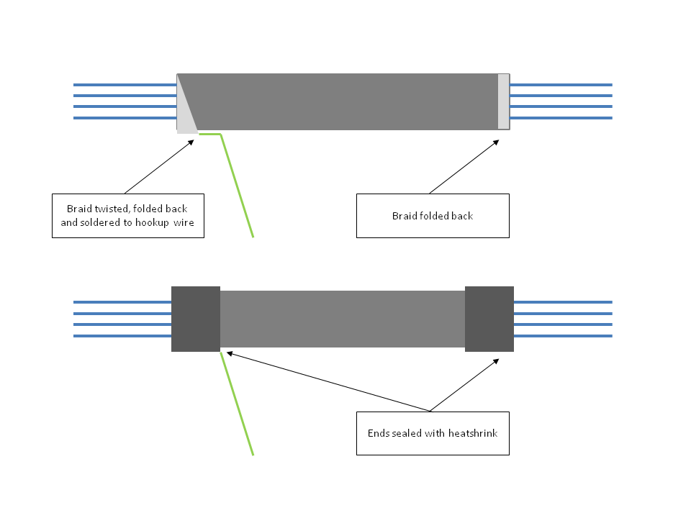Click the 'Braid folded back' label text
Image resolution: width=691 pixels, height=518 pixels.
coord(433,216)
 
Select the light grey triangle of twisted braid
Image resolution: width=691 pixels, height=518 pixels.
coord(186,119)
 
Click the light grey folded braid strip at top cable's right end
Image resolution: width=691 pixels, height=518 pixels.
coord(503,101)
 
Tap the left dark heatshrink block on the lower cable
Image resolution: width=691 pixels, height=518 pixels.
coord(196,319)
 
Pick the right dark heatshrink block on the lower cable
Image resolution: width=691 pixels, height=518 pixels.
coord(489,319)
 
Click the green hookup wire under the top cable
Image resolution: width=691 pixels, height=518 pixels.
coord(238,187)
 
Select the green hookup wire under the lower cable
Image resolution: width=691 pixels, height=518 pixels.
coord(238,406)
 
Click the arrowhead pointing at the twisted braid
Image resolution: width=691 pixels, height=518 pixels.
coord(191,141)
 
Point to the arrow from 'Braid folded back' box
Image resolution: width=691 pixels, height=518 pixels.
coord(464,166)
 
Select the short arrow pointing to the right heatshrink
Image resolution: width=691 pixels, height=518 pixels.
coord(464,385)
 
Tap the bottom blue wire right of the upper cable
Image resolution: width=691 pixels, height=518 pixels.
coord(561,118)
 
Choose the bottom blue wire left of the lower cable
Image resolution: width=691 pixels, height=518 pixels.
coord(122,336)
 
